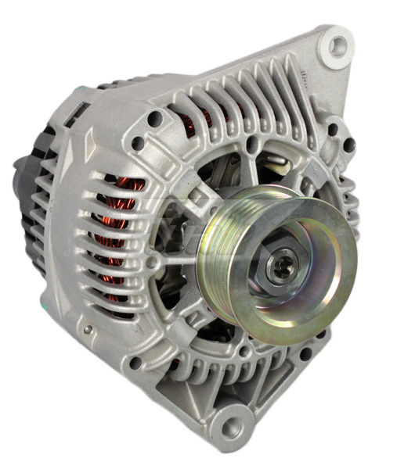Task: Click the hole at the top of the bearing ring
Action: point(251,145)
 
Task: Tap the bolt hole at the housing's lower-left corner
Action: point(135,363)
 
